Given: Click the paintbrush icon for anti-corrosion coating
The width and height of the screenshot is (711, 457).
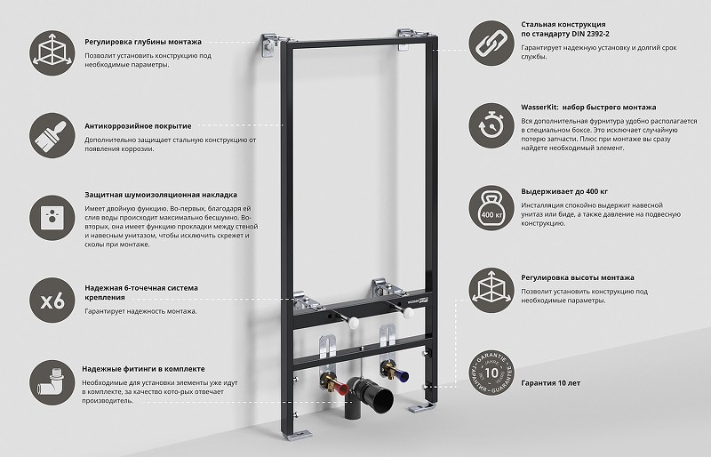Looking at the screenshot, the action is point(52,136).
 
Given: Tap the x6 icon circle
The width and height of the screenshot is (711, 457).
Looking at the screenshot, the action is point(52,301).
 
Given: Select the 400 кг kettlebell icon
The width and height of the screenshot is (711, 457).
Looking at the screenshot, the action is point(491,208).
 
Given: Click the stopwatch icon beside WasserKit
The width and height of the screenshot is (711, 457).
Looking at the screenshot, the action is point(491,125).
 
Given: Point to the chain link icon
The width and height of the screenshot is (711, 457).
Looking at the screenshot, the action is point(491,44).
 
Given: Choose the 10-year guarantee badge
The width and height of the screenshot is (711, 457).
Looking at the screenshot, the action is point(491,373).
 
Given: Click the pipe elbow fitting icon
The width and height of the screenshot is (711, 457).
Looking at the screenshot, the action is point(52,382).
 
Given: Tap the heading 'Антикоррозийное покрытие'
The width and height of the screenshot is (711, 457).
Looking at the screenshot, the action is point(138,126).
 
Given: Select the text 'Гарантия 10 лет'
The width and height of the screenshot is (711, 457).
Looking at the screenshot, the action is point(550,383).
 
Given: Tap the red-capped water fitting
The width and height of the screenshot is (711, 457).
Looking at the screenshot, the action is point(335,384).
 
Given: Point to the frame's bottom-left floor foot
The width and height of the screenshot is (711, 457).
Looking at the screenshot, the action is point(295,434).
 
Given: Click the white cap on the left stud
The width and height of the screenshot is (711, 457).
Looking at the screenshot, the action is point(353,323).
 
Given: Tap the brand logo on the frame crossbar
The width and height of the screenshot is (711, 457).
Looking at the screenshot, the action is point(418,301).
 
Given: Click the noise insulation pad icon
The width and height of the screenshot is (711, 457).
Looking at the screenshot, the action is point(52,218).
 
